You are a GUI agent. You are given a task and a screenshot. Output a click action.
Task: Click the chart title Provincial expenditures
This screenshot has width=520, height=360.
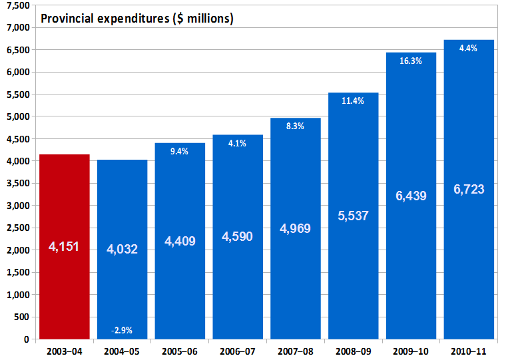tap(137, 19)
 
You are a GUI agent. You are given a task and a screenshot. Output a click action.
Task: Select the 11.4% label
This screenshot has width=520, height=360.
tap(353, 101)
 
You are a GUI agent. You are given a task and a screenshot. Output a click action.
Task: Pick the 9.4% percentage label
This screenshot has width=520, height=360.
tap(180, 151)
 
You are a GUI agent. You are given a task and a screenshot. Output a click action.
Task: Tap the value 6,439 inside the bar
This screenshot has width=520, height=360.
tap(411, 196)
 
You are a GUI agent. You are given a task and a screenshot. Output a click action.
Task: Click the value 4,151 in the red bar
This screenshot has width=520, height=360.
tap(65, 247)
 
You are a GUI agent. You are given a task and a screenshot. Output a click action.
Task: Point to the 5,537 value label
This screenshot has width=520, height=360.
tap(354, 216)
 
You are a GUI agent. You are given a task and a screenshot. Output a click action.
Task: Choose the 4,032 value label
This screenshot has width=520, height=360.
tap(122, 250)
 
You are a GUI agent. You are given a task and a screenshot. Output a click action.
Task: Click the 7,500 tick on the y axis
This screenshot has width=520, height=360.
tap(18, 5)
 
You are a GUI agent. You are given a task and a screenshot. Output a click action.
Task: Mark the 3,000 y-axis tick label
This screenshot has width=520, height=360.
tap(18, 206)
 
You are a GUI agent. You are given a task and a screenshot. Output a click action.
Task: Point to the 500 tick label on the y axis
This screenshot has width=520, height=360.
tap(23, 317)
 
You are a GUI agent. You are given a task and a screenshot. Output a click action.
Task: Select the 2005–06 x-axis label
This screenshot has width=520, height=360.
tap(180, 351)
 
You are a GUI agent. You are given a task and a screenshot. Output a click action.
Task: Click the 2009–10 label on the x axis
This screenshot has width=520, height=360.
tap(411, 351)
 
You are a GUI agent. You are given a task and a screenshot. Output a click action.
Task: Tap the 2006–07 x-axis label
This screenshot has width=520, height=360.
tap(238, 351)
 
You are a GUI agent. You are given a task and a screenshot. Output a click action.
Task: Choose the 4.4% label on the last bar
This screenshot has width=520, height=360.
tap(469, 48)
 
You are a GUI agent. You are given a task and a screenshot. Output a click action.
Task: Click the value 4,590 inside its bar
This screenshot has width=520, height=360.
tap(238, 236)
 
